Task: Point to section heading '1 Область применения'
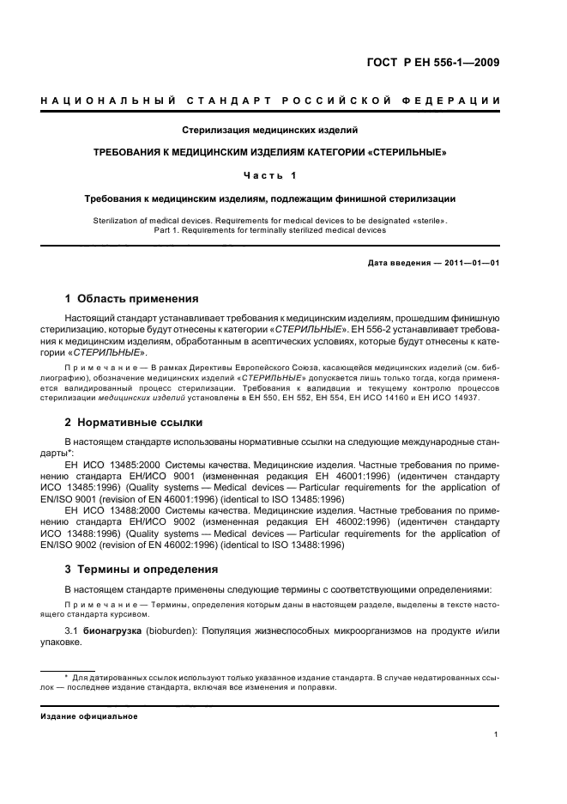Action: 132,299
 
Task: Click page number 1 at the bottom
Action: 497,734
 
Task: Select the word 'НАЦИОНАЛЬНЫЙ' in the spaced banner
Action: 105,101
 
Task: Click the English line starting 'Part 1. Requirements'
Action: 269,230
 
